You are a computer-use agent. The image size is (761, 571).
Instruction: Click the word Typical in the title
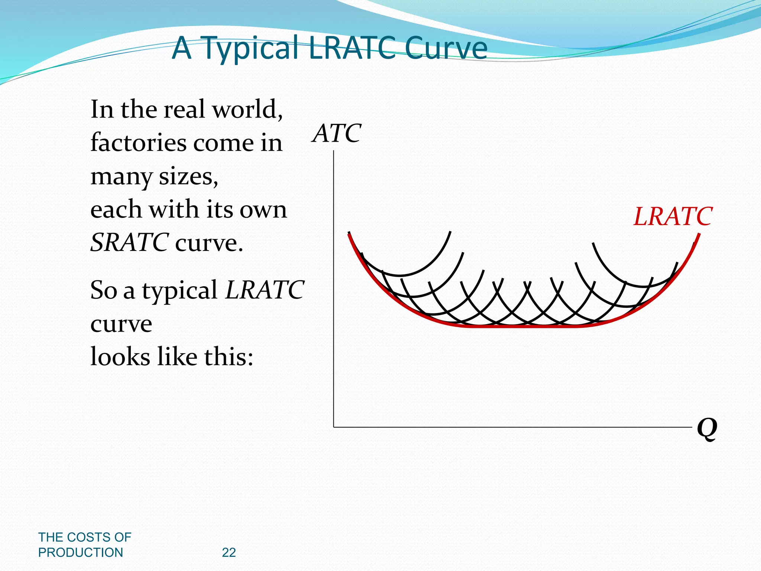pos(252,48)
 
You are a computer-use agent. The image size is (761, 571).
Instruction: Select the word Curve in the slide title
pos(446,48)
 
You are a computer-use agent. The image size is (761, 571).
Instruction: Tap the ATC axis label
pos(337,133)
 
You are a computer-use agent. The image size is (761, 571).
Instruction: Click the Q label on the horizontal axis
pos(706,429)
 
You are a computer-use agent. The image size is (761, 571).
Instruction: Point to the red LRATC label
pos(673,217)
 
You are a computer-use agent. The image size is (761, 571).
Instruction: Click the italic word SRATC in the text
pos(130,243)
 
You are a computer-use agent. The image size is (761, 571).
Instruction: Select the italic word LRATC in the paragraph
pos(265,290)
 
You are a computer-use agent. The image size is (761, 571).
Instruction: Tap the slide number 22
pos(229,553)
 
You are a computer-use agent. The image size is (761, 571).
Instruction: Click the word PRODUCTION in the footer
pos(81,553)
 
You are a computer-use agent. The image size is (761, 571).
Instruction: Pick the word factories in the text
pos(139,143)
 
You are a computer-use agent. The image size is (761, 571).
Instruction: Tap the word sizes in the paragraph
pos(188,176)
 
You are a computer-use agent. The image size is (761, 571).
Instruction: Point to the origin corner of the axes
pos(334,427)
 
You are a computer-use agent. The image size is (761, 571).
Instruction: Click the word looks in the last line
pos(120,357)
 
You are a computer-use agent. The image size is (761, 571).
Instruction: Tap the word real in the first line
pos(184,110)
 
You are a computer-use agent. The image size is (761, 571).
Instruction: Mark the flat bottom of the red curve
pos(520,326)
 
